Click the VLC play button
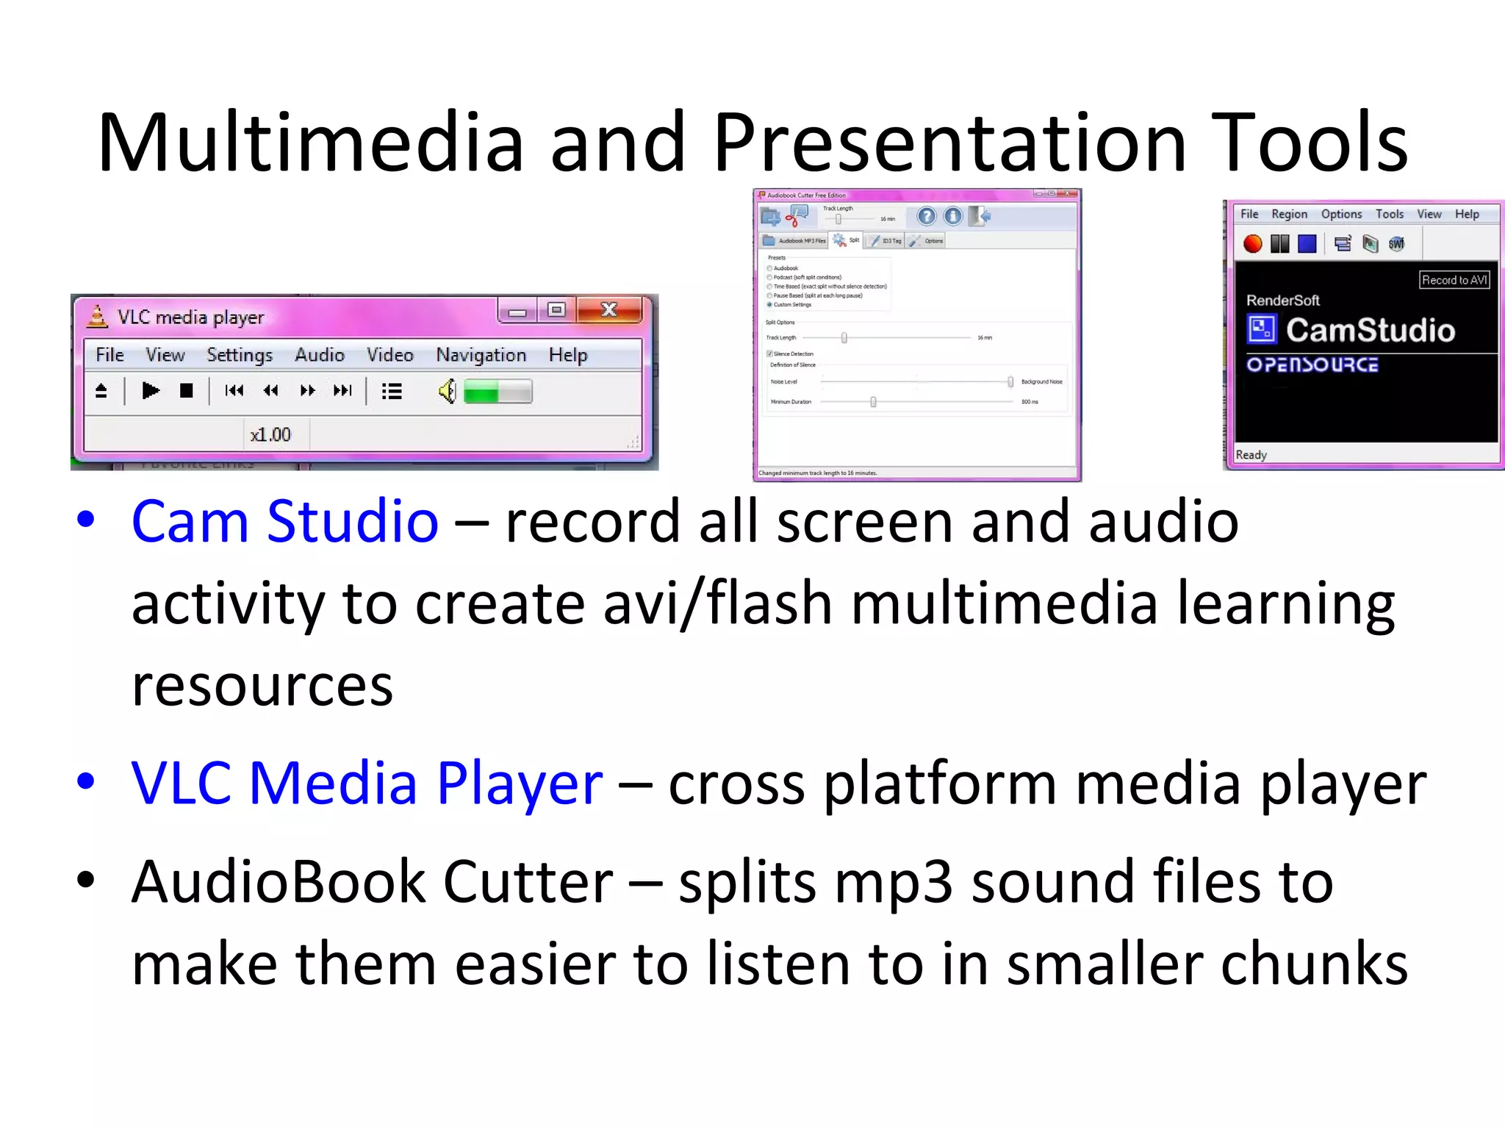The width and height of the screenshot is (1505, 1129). click(x=151, y=391)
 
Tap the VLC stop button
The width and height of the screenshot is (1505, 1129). click(x=187, y=391)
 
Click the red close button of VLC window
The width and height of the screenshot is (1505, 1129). click(x=609, y=310)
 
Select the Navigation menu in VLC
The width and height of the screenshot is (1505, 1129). click(x=481, y=355)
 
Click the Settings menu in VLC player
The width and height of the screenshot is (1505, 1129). click(x=240, y=355)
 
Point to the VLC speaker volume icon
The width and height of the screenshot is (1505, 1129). click(x=447, y=391)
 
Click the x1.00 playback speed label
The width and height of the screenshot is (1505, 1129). click(x=270, y=435)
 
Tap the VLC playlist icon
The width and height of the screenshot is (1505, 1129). click(x=392, y=391)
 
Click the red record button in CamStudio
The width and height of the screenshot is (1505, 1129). click(x=1253, y=244)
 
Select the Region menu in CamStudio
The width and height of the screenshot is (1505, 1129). click(x=1290, y=215)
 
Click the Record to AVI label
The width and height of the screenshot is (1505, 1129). click(x=1454, y=280)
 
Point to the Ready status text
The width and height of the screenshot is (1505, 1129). click(x=1251, y=455)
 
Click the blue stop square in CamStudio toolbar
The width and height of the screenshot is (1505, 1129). click(x=1307, y=244)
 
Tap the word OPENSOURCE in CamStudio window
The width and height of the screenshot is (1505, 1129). click(x=1312, y=365)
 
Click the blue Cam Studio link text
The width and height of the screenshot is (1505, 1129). click(x=285, y=522)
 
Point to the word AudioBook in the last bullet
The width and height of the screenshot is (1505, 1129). click(x=279, y=882)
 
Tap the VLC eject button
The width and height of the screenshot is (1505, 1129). click(x=101, y=391)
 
